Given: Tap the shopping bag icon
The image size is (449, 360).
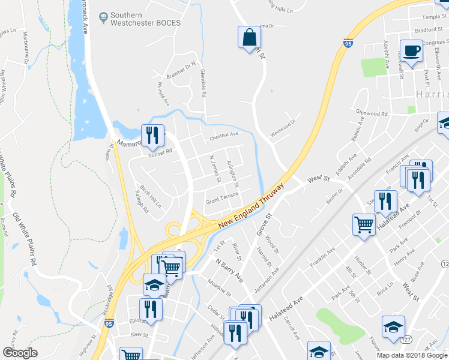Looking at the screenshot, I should (x=248, y=38).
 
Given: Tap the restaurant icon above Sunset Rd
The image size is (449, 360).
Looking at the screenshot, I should (x=152, y=134).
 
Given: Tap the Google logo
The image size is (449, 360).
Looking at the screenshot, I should (x=19, y=353).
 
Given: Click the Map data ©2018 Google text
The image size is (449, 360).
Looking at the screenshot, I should (x=412, y=355).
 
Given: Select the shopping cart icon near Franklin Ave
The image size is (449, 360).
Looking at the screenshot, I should (x=364, y=225).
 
